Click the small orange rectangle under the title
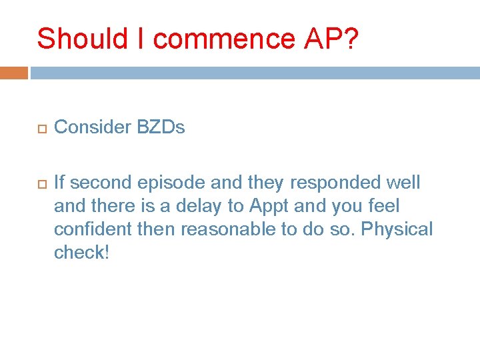coord(13,73)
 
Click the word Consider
coord(92,127)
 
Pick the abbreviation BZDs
coord(161,127)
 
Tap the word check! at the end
coord(80,253)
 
